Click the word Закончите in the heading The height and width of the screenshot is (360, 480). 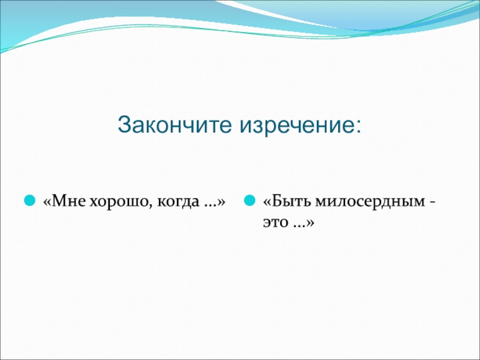click(x=175, y=125)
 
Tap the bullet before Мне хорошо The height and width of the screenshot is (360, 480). click(x=29, y=201)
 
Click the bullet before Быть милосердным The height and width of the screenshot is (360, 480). click(x=250, y=201)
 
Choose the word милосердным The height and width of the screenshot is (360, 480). click(x=370, y=203)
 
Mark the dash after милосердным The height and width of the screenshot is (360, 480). click(x=432, y=203)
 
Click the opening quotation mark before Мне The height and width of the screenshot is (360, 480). click(x=47, y=202)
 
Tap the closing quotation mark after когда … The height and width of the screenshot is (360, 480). click(x=221, y=202)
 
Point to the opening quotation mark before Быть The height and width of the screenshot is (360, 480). click(x=266, y=202)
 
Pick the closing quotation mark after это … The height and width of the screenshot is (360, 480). click(x=311, y=223)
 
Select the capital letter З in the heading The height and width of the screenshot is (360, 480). click(x=124, y=125)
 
